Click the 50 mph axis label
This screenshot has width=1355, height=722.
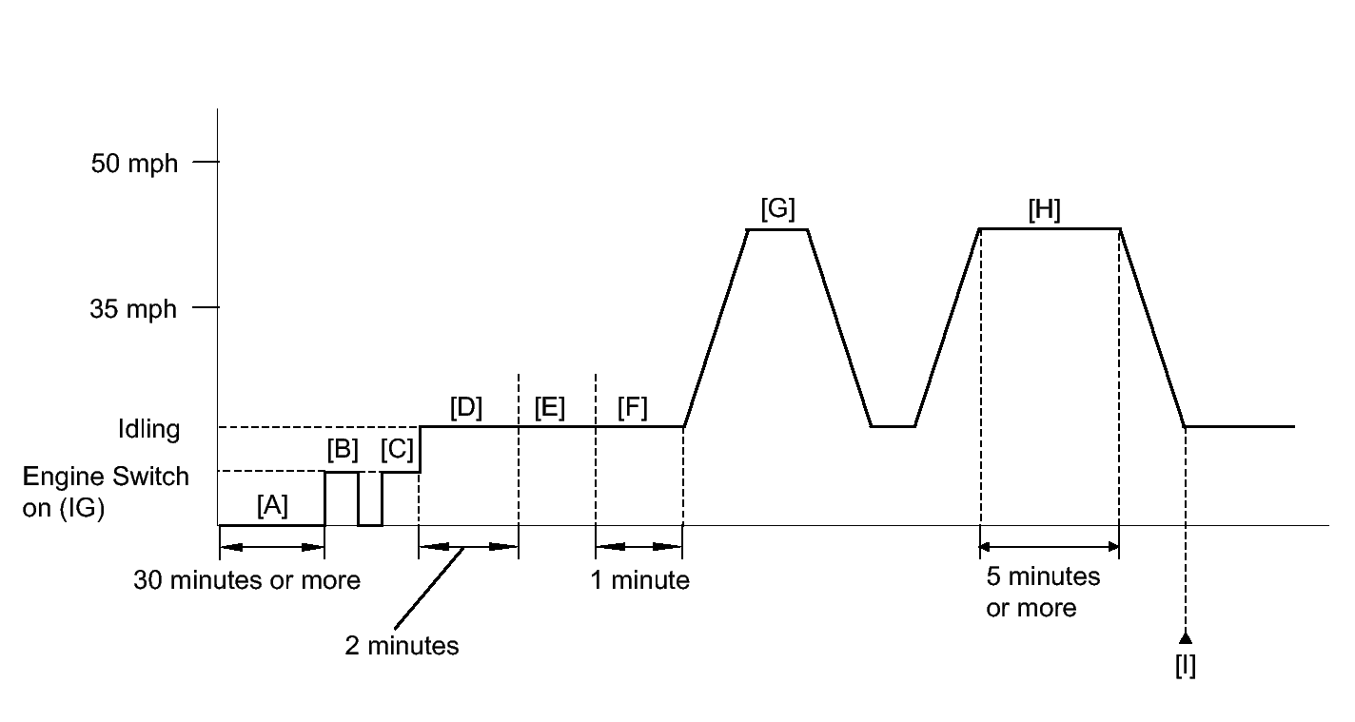click(134, 164)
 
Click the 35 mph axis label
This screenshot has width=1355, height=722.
click(134, 309)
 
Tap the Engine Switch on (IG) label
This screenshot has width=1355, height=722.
click(105, 492)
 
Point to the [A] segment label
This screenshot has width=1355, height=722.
click(272, 506)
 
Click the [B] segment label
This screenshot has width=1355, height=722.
click(342, 449)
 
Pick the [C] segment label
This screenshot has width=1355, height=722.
click(396, 449)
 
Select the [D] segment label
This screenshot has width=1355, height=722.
click(466, 407)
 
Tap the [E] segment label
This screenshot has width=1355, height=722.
click(549, 407)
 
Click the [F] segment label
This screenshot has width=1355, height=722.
click(632, 407)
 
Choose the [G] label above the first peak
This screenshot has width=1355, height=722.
click(777, 208)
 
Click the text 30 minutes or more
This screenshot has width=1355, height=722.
click(246, 580)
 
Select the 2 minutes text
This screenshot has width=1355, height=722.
click(402, 646)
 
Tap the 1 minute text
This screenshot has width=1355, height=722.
click(639, 580)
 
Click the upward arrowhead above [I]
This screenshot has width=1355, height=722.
click(1185, 636)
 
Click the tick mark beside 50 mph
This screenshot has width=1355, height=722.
click(206, 163)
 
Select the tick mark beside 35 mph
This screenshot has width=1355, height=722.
click(206, 308)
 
